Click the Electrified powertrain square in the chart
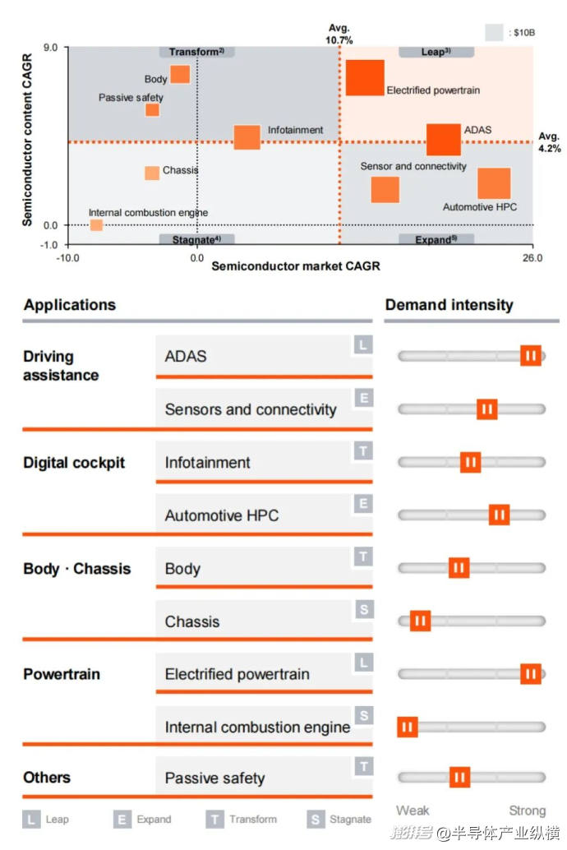pyautogui.click(x=364, y=78)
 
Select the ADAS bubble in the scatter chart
pyautogui.click(x=444, y=140)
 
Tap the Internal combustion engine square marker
pyautogui.click(x=96, y=225)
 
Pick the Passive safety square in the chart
pyautogui.click(x=152, y=110)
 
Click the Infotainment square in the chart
pyautogui.click(x=247, y=137)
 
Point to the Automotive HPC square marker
pyautogui.click(x=494, y=184)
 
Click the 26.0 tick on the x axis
pyautogui.click(x=532, y=258)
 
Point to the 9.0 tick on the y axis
pyautogui.click(x=50, y=48)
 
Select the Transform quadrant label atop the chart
pyautogui.click(x=196, y=52)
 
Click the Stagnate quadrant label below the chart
pyautogui.click(x=196, y=239)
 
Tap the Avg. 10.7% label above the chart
pyautogui.click(x=340, y=34)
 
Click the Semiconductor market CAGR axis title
pyautogui.click(x=296, y=267)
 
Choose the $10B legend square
pyautogui.click(x=494, y=33)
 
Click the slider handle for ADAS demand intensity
pyautogui.click(x=531, y=356)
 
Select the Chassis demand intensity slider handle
pyautogui.click(x=420, y=621)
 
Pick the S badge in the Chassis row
pyautogui.click(x=363, y=610)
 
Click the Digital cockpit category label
pyautogui.click(x=74, y=463)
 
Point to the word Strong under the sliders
pyautogui.click(x=527, y=811)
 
